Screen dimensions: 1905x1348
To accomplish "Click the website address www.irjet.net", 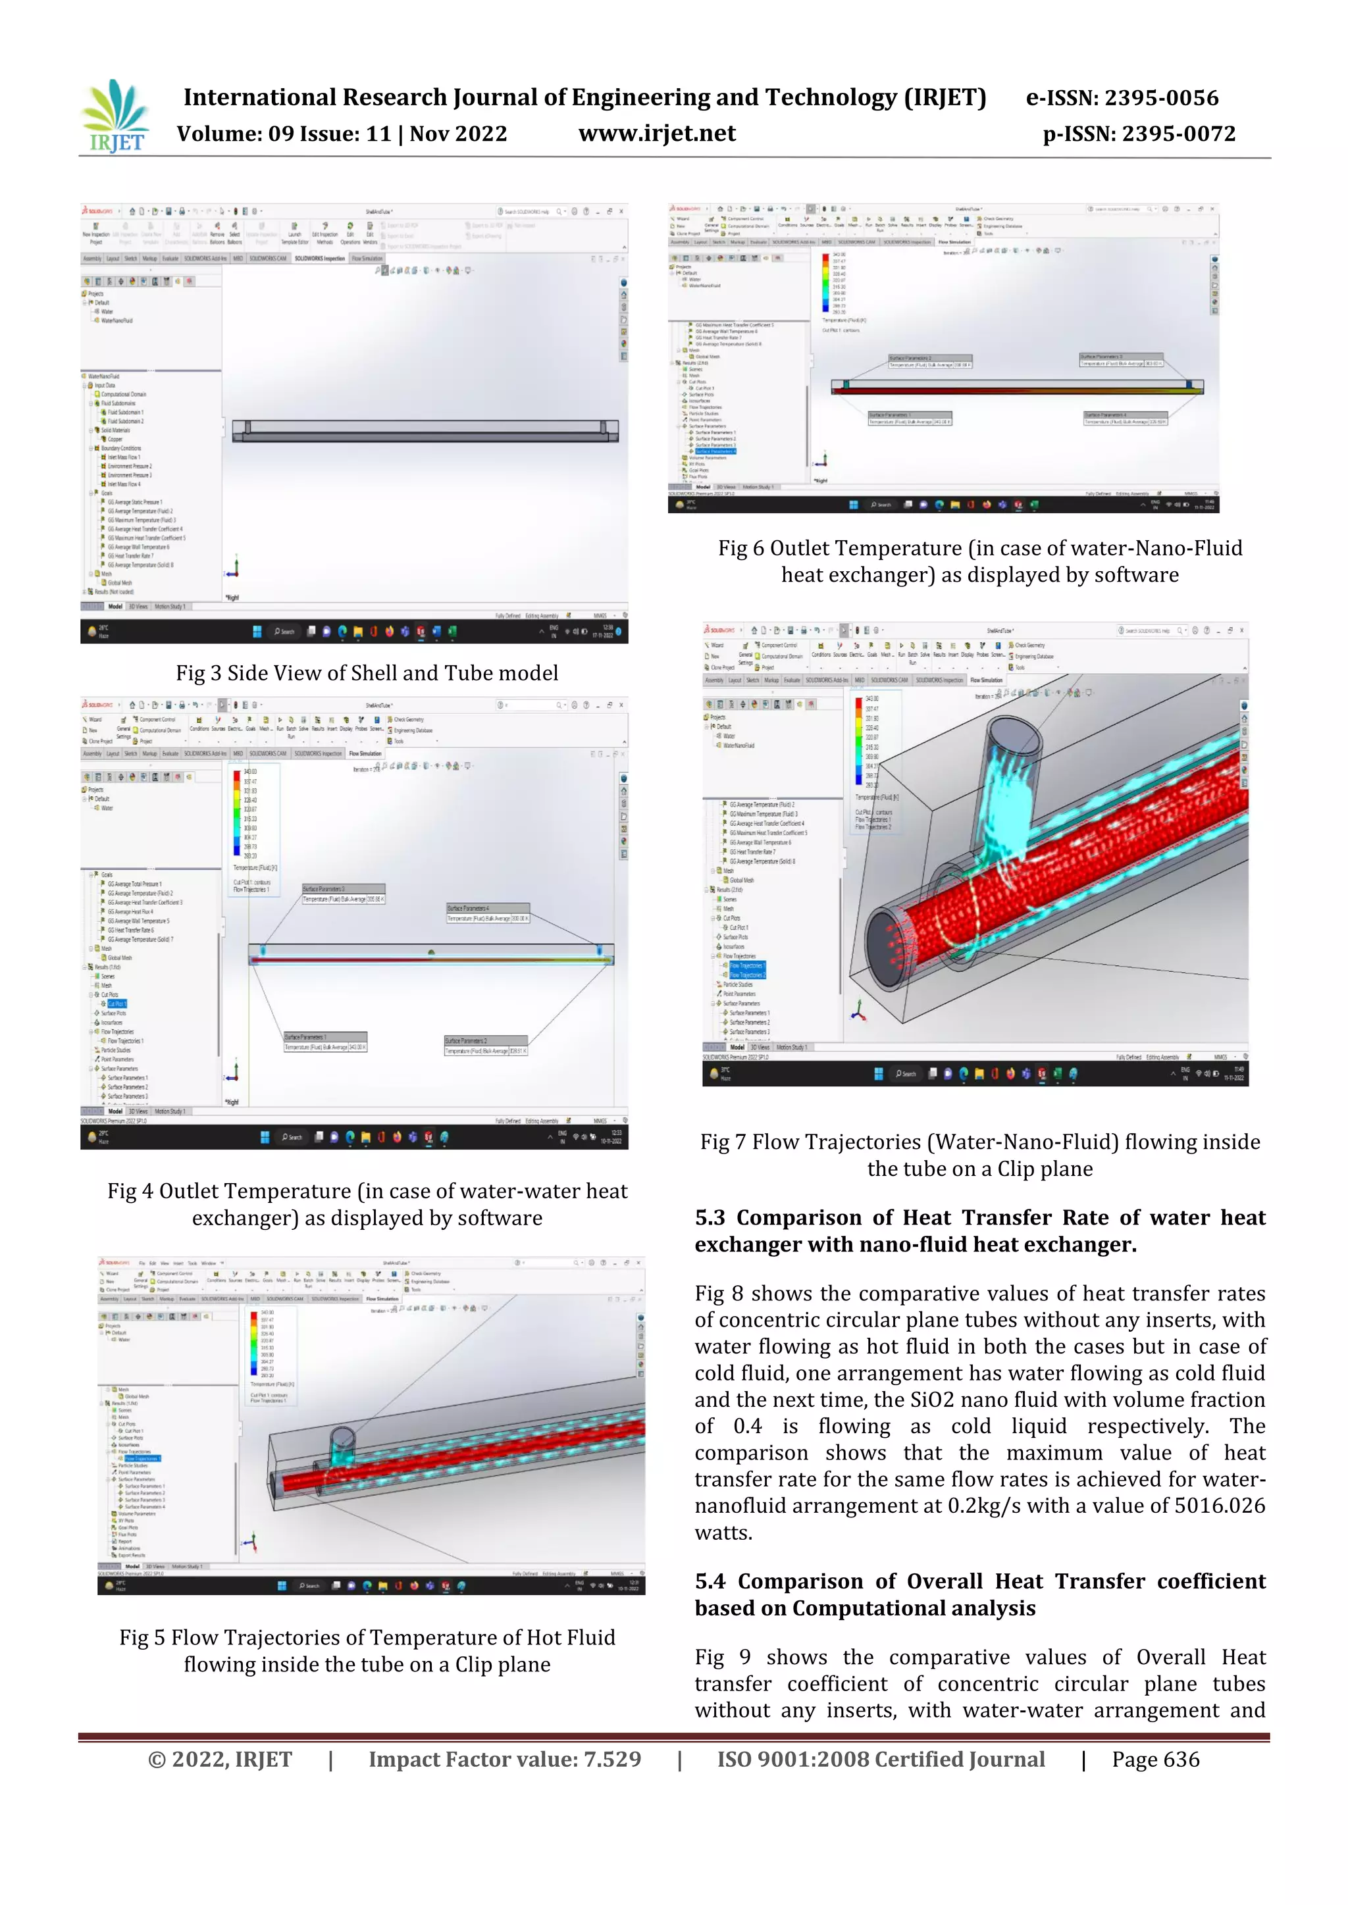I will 657,134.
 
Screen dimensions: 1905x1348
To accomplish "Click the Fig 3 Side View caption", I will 366,673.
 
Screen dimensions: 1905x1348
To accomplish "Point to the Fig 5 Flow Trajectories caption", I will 367,1651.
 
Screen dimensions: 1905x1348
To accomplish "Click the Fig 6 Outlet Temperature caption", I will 979,562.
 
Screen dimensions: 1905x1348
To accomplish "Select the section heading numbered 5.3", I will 979,1231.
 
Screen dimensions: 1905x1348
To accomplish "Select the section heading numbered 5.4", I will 979,1594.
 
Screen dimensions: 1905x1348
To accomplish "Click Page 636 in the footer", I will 1155,1760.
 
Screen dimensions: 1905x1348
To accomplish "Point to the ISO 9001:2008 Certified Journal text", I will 881,1760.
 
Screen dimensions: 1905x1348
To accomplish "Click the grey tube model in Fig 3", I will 424,429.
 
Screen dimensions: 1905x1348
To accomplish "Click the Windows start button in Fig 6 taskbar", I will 853,505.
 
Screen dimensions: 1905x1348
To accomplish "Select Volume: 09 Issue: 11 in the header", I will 341,134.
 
